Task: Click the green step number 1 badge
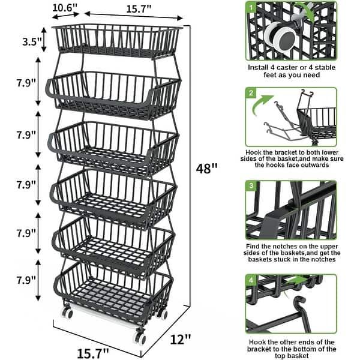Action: [x=251, y=8]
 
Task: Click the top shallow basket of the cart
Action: [x=118, y=40]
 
